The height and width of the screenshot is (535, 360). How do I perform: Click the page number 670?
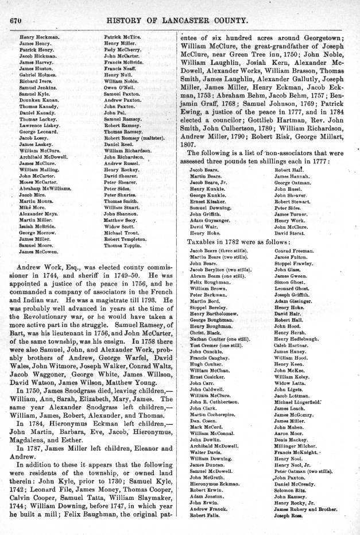(11, 21)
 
